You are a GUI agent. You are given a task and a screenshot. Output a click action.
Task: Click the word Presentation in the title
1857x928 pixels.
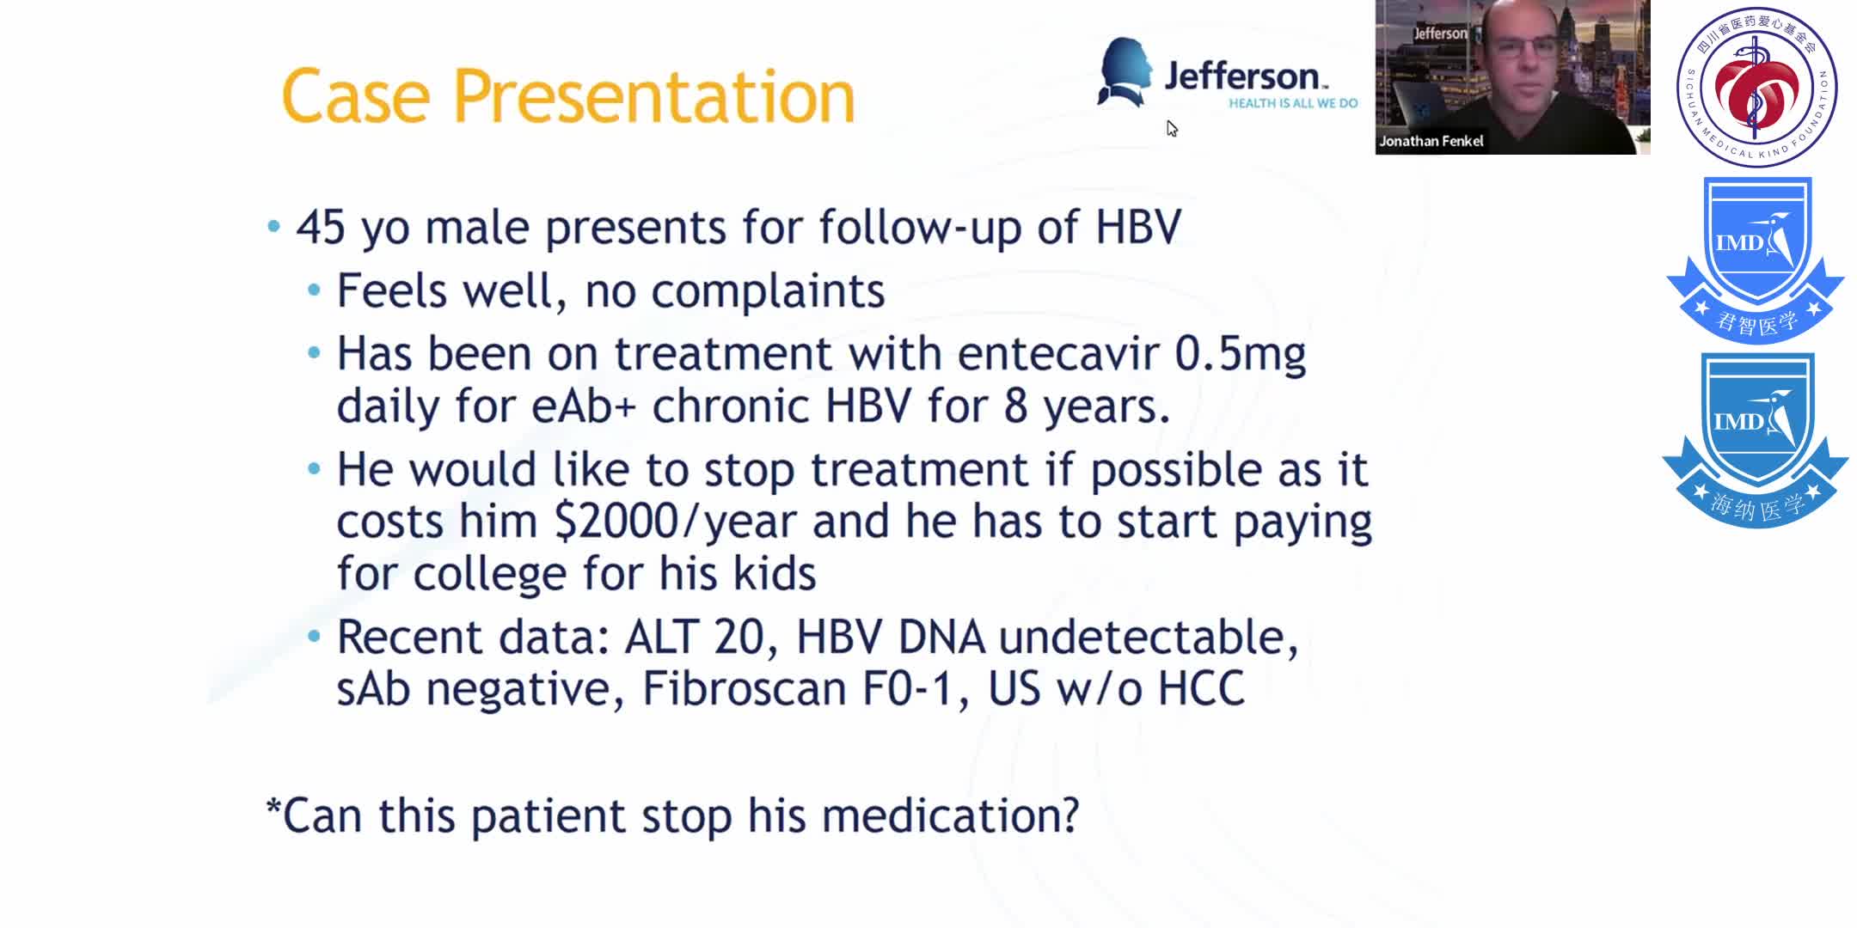coord(653,97)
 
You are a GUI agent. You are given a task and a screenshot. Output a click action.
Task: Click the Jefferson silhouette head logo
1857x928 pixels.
coord(1124,72)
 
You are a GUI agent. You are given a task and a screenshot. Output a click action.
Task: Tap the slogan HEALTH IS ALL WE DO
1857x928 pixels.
coord(1292,103)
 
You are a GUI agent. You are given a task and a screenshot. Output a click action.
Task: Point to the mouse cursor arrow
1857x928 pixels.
coord(1172,129)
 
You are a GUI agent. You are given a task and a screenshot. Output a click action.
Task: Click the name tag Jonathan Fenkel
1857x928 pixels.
coord(1431,141)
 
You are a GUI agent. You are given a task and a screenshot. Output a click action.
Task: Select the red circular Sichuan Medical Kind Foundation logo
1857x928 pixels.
coord(1756,86)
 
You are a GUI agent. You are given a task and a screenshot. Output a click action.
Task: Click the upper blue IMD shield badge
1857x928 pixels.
coord(1756,258)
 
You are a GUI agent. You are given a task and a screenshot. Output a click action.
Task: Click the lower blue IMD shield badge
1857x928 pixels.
coord(1756,438)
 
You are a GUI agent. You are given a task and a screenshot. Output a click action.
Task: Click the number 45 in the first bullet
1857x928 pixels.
coord(321,228)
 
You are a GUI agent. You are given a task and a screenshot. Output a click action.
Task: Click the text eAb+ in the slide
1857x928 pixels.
coord(584,406)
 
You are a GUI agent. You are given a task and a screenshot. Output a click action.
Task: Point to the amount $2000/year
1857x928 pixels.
coord(675,522)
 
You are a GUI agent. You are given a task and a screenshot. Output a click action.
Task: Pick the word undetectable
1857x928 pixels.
coord(1148,638)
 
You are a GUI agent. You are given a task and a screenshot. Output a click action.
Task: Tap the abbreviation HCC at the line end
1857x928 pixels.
coord(1201,689)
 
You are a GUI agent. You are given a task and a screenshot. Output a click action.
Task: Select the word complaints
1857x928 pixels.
coord(768,291)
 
